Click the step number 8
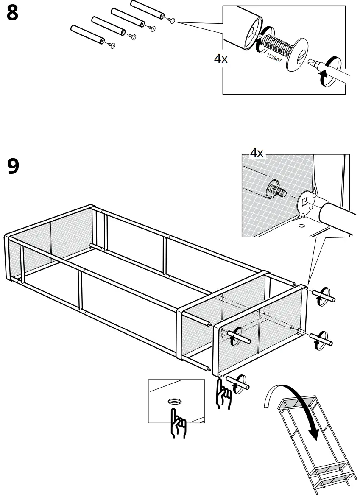13,14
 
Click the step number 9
13,166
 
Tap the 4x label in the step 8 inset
220,59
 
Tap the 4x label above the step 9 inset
257,153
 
